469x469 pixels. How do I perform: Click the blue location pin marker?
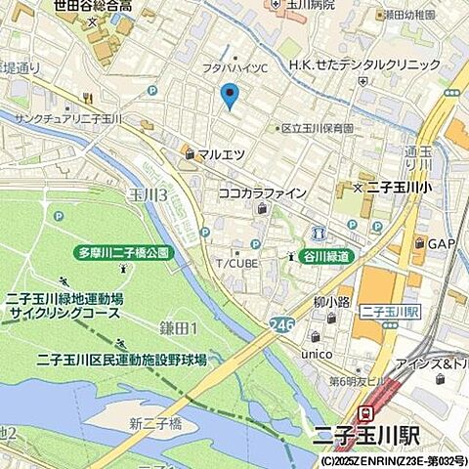(x=230, y=96)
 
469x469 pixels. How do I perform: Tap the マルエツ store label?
(x=219, y=153)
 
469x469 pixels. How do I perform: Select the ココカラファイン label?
(x=262, y=192)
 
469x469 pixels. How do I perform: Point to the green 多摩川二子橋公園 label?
(x=123, y=252)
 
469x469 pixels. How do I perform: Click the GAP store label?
(x=441, y=243)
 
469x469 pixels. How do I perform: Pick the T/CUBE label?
(x=236, y=263)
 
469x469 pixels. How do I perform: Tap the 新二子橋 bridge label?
(x=155, y=422)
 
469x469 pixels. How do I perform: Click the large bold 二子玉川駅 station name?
(x=395, y=435)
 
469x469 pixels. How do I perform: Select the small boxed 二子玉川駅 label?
(x=390, y=312)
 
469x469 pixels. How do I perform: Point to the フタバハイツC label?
(x=234, y=66)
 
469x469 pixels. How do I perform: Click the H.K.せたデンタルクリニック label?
(x=364, y=65)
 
